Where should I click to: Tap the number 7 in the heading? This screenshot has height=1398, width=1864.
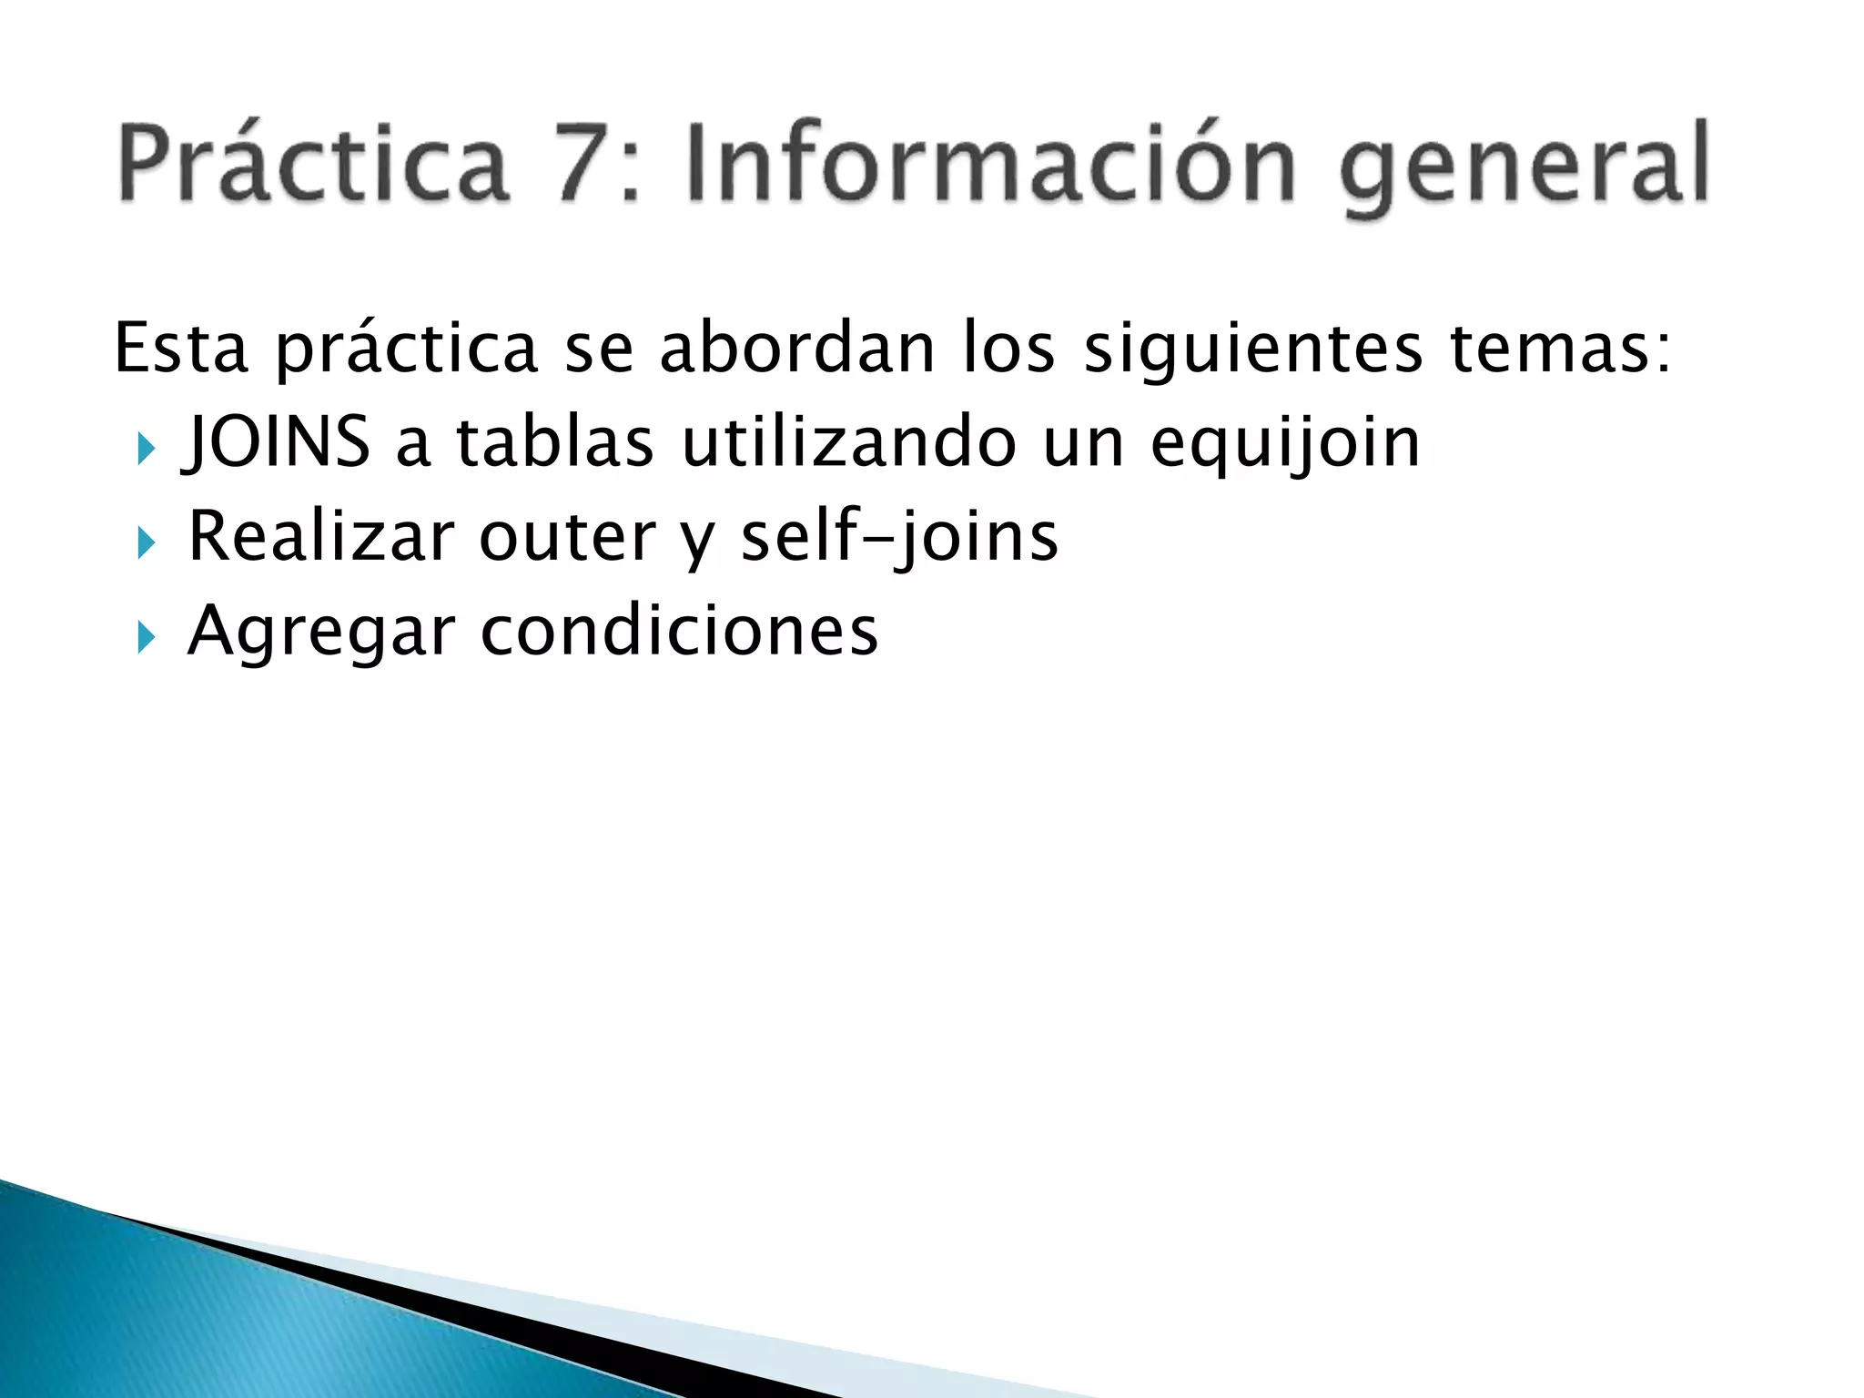click(586, 164)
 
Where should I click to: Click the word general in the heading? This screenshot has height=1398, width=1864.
click(1525, 168)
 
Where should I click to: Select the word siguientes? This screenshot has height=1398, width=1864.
click(1252, 350)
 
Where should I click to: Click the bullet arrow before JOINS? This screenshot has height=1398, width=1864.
click(146, 449)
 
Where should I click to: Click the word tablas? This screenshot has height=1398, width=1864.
click(554, 442)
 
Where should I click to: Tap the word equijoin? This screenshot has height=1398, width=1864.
click(1284, 446)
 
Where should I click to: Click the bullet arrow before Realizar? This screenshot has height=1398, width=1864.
click(146, 543)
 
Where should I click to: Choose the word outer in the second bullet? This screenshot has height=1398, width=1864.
click(566, 538)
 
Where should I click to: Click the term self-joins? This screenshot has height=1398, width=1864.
click(899, 538)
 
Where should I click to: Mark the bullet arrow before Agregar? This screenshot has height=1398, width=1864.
click(146, 638)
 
